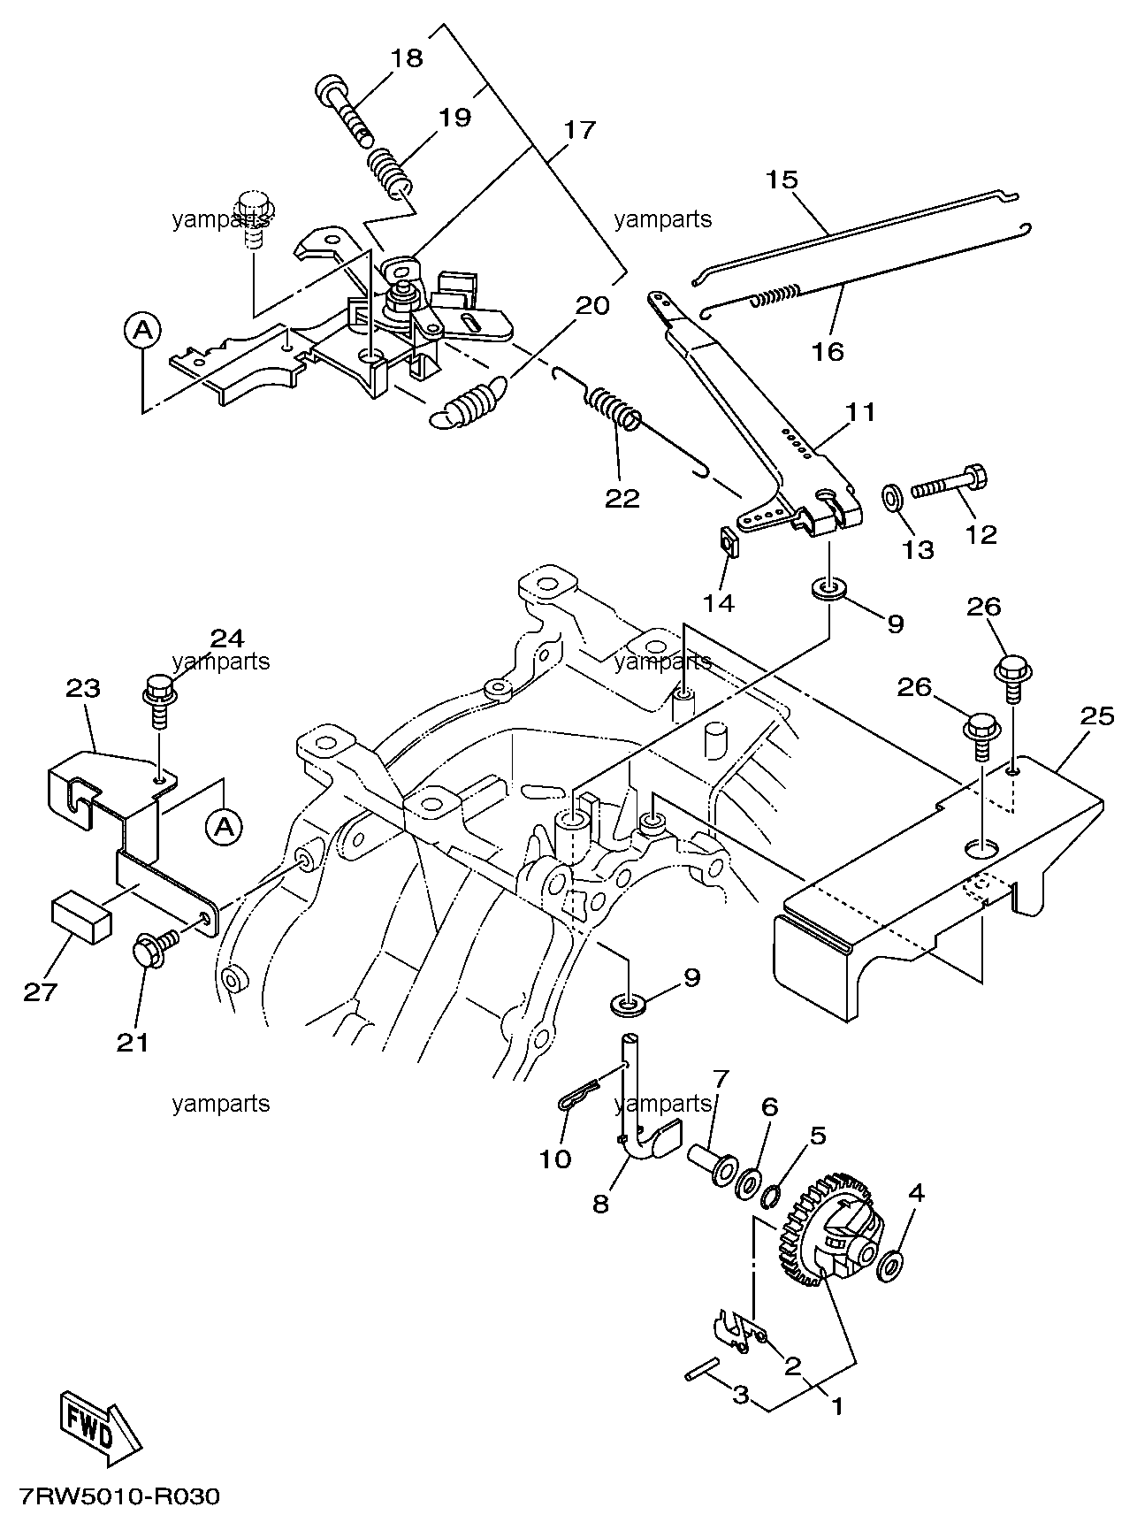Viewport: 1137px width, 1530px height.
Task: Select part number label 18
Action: (408, 58)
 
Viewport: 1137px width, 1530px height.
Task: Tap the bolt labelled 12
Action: (949, 482)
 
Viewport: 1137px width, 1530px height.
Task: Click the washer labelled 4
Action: (890, 1266)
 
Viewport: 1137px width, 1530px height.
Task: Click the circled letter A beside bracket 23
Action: (225, 827)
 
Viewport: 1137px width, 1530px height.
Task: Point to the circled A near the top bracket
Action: (142, 331)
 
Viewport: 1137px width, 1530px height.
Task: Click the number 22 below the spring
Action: (622, 498)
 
